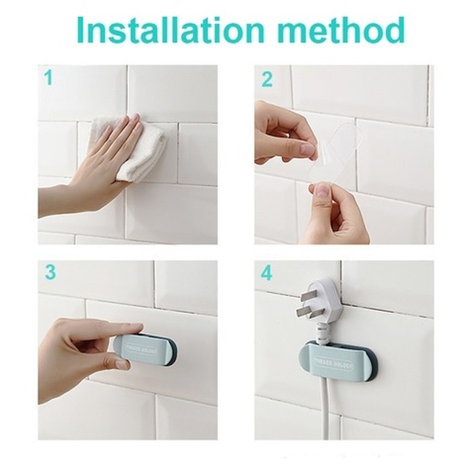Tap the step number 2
pos(266,79)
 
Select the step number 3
pos(49,272)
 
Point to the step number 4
pos(266,274)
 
